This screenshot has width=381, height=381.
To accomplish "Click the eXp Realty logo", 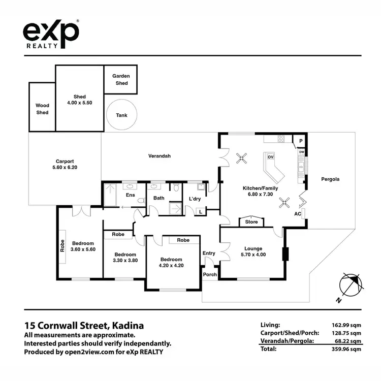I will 51,34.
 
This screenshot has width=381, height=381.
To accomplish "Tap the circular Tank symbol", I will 121,115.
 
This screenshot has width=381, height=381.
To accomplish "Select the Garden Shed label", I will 121,80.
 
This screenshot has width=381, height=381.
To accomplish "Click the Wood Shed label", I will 42,109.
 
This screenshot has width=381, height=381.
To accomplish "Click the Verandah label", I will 159,156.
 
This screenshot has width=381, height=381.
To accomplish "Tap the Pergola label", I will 330,179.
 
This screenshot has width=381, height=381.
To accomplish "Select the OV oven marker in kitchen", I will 271,157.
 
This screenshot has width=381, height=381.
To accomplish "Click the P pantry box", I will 301,141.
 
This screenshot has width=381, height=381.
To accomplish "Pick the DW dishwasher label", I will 301,152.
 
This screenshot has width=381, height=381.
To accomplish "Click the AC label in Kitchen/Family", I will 298,214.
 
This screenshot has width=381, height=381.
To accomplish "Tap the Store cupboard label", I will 251,222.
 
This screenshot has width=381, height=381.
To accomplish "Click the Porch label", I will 210,274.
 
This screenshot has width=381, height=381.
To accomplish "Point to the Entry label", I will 209,253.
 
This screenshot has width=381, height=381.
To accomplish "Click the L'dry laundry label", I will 195,199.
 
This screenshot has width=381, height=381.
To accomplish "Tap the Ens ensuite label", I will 130,195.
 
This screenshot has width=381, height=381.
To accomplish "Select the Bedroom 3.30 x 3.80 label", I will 124,258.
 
